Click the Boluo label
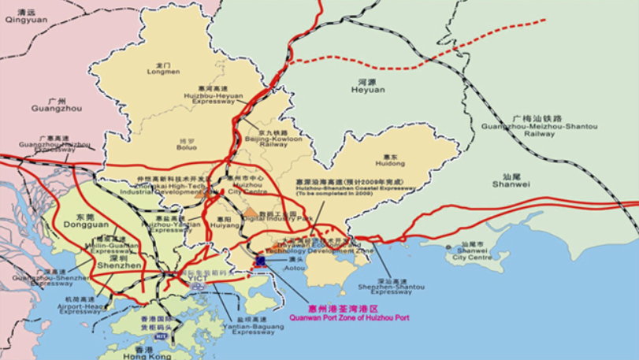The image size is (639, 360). click(x=187, y=145)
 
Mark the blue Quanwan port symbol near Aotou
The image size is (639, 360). click(x=260, y=260)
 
